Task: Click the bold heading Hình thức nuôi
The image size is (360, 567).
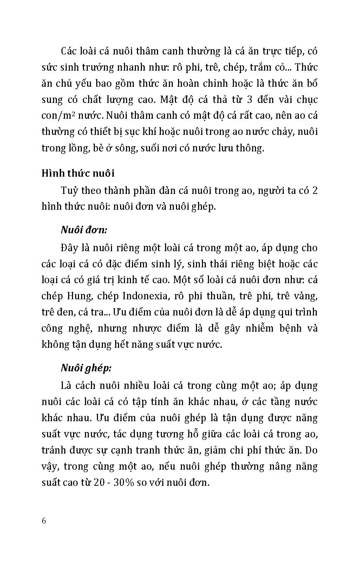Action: pyautogui.click(x=78, y=173)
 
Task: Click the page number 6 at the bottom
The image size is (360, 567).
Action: pyautogui.click(x=44, y=520)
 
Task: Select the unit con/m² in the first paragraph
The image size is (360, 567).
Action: pyautogui.click(x=57, y=115)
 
